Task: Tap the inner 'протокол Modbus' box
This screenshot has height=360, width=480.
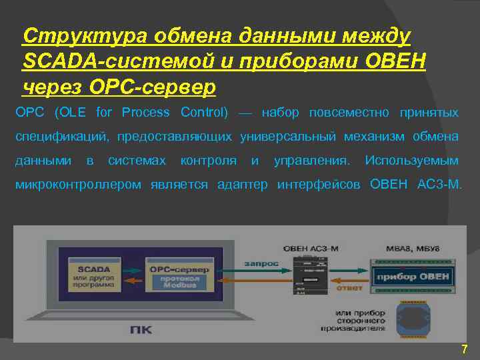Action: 179,281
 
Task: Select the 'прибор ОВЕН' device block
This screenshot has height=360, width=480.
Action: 413,277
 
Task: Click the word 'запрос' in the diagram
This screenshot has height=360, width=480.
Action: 261,263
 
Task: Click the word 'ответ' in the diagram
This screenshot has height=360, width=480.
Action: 349,289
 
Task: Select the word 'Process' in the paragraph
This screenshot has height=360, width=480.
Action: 146,112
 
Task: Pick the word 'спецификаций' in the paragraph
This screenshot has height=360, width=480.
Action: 61,137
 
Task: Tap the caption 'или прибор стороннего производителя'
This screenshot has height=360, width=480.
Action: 360,319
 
